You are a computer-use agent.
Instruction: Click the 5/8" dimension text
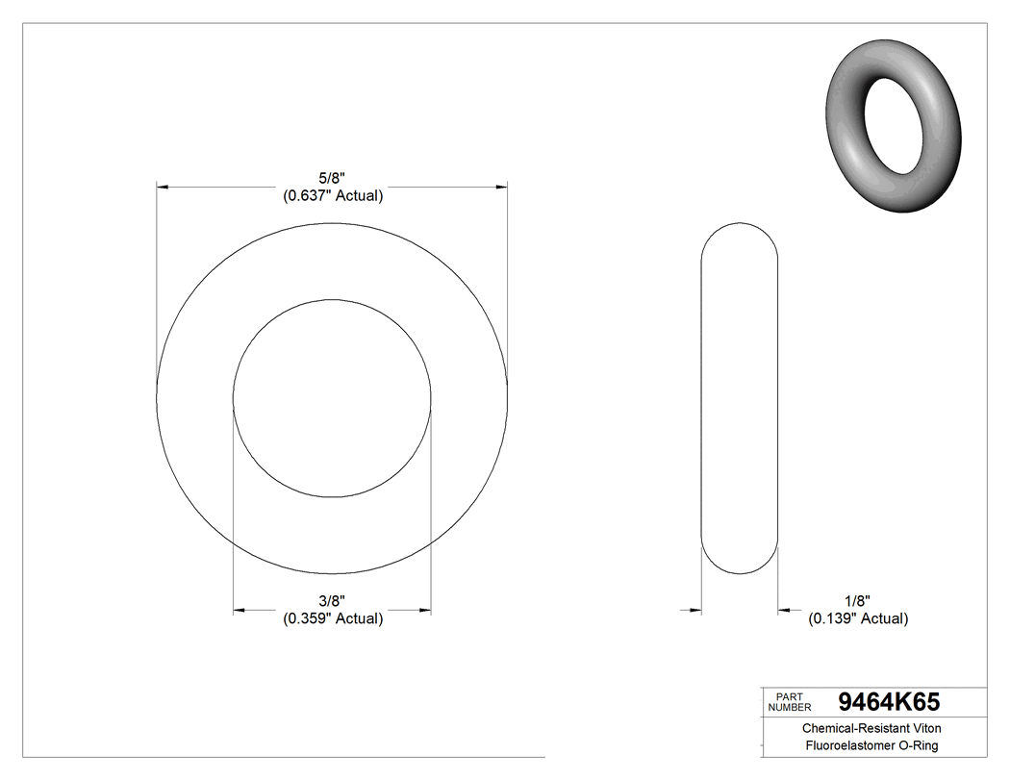tap(333, 177)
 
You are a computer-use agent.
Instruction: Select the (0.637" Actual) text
tap(333, 196)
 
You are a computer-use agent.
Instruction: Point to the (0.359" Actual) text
tap(333, 618)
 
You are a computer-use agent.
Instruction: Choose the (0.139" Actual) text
tap(857, 618)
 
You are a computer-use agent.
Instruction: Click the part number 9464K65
tap(889, 701)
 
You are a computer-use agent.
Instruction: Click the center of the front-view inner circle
tap(332, 398)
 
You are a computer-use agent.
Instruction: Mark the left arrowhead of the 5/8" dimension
tap(164, 186)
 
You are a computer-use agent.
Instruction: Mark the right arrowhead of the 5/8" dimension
tap(501, 186)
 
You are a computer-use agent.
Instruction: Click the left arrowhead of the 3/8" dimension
tap(240, 609)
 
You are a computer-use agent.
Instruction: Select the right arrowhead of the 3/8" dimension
tap(424, 609)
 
